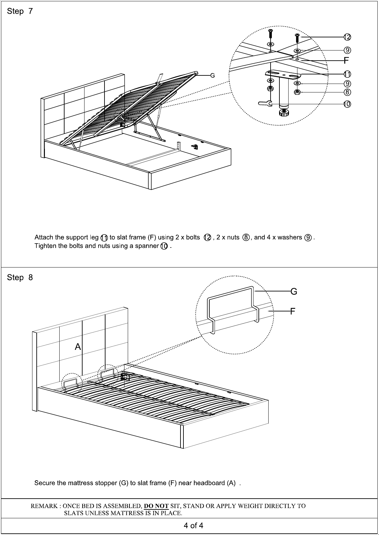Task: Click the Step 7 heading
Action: (20, 11)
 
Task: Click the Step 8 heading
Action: (20, 278)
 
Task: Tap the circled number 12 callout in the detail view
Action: (347, 37)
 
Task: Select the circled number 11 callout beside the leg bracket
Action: (347, 74)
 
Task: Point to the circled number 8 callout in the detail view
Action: (347, 92)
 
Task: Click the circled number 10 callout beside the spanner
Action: (347, 104)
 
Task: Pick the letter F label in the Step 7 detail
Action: (346, 60)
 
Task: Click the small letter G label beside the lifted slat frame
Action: (212, 76)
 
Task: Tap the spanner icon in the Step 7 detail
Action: (265, 104)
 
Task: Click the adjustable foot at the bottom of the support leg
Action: (284, 113)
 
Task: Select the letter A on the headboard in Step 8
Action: (78, 347)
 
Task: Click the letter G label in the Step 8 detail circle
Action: (294, 291)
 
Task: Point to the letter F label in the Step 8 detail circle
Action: (293, 311)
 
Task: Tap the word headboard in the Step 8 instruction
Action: (209, 483)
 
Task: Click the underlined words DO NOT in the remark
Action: (156, 506)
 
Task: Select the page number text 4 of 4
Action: (193, 526)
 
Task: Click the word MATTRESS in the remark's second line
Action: (128, 513)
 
